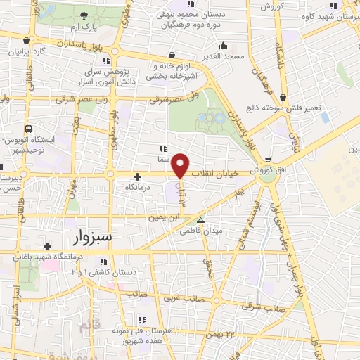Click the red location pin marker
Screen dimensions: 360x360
click(x=181, y=166)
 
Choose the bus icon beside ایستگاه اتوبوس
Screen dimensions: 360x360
click(x=28, y=129)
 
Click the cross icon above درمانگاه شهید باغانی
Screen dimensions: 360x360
click(x=47, y=246)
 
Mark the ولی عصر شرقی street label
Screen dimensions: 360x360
click(x=174, y=99)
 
